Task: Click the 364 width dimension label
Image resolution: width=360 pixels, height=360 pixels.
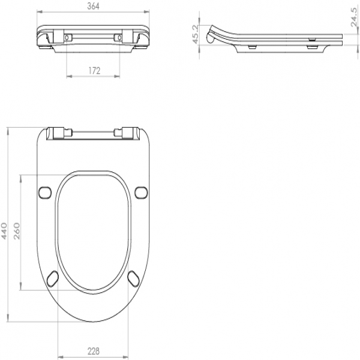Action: pyautogui.click(x=93, y=6)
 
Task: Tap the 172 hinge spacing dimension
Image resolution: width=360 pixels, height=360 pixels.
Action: pyautogui.click(x=94, y=71)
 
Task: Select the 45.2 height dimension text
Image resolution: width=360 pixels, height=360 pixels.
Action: pyautogui.click(x=196, y=34)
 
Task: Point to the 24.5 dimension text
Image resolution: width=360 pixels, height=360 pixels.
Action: pyautogui.click(x=355, y=17)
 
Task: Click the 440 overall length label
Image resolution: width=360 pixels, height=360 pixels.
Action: pyautogui.click(x=4, y=231)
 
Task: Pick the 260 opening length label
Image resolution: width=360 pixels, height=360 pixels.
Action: pyautogui.click(x=17, y=231)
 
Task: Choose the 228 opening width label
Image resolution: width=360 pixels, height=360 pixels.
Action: pyautogui.click(x=94, y=351)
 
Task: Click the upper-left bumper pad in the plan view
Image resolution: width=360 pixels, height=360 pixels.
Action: pyautogui.click(x=44, y=193)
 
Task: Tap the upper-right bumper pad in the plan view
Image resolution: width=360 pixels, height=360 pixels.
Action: pyautogui.click(x=141, y=193)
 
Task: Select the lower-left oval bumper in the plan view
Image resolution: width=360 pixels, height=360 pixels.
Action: pyautogui.click(x=53, y=278)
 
